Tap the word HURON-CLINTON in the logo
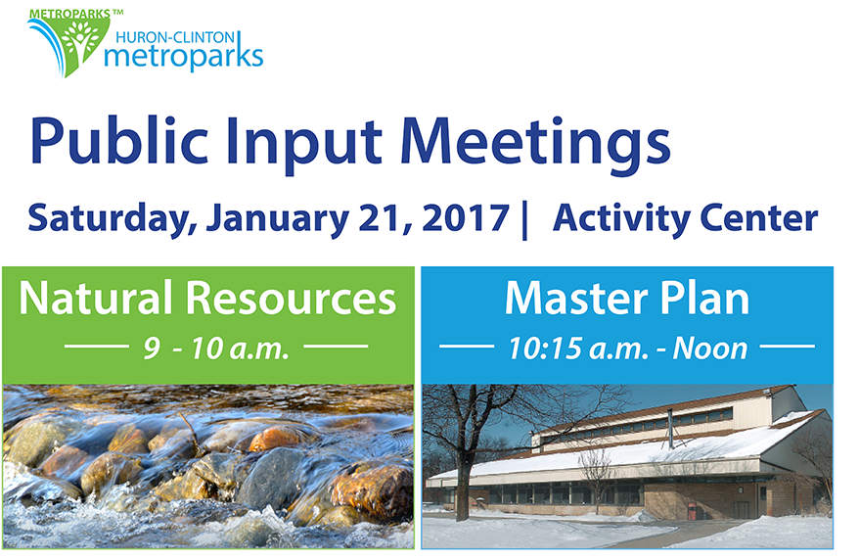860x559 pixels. (175, 37)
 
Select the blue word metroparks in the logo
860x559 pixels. (184, 57)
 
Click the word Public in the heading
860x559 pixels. (119, 142)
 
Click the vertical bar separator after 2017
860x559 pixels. (524, 219)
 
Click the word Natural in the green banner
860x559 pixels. (96, 298)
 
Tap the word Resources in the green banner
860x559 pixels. (291, 299)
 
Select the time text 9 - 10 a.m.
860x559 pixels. (216, 349)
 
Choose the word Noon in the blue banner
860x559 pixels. (710, 349)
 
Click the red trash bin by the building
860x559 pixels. (692, 511)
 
